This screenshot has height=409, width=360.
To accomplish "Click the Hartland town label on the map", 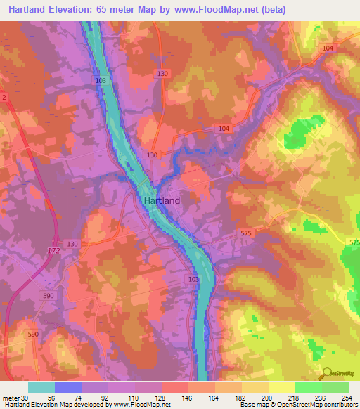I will tap(162, 200).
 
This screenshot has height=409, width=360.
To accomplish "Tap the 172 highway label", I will tap(54, 250).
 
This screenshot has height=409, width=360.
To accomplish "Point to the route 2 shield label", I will tap(4, 97).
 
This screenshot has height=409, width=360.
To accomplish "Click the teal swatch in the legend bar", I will tap(41, 387).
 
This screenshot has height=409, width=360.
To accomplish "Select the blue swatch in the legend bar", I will tap(68, 387).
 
